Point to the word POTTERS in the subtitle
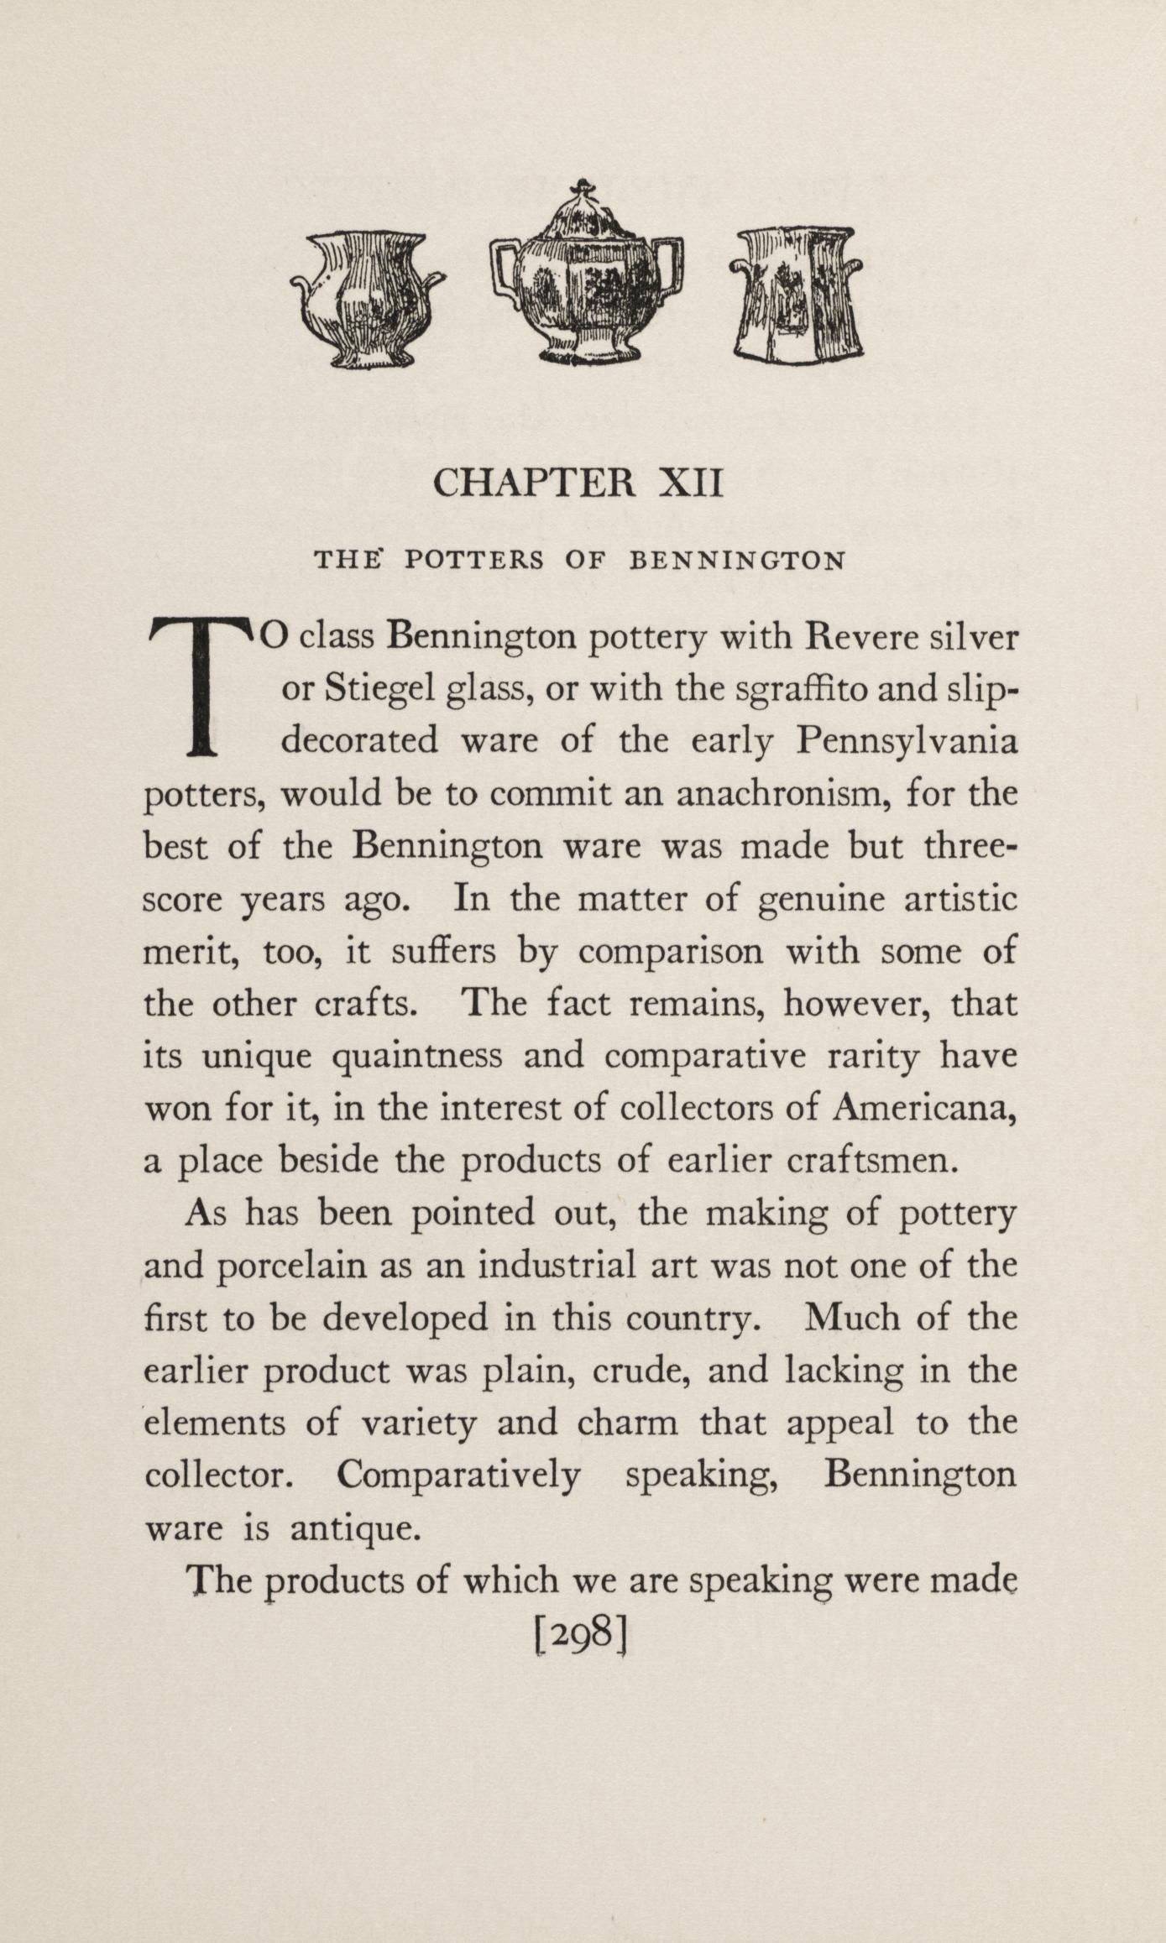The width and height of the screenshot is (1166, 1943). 474,560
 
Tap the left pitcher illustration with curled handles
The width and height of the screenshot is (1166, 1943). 367,299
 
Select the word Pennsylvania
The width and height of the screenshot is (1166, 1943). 907,742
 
